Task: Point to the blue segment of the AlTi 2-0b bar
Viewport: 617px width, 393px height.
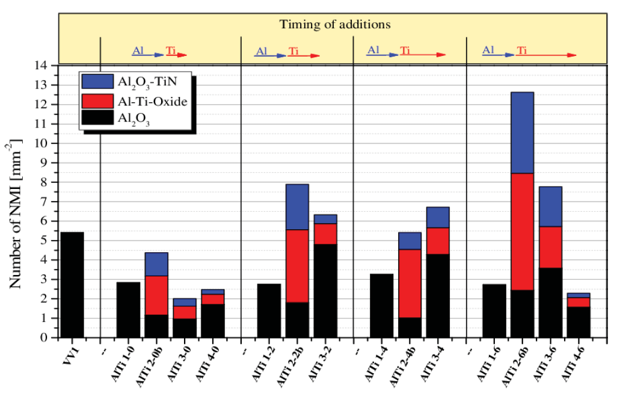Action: [x=156, y=264]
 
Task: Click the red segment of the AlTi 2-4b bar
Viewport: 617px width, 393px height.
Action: [x=410, y=283]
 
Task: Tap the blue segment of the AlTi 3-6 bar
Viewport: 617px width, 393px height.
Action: [x=550, y=206]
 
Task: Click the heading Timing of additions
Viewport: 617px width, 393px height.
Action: [x=335, y=25]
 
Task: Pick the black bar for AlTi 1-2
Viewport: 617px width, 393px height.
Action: [x=269, y=311]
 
